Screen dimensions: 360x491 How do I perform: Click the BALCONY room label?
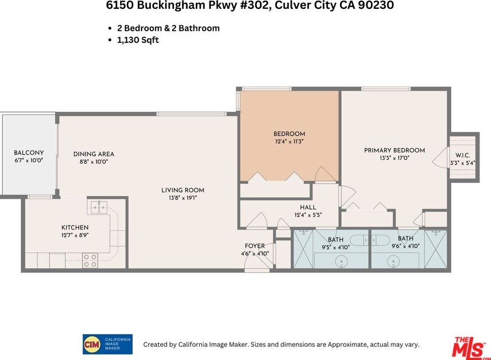click(29, 153)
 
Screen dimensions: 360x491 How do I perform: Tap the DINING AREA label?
click(94, 154)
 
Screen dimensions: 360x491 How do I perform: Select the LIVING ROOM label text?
click(183, 190)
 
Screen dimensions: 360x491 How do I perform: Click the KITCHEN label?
click(75, 227)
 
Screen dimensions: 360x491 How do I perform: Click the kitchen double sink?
click(99, 206)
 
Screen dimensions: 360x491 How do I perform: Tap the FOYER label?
click(255, 246)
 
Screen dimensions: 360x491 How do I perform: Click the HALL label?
click(308, 207)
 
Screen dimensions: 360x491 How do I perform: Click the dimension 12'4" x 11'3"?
click(289, 142)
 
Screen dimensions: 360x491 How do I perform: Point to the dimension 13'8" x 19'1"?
click(183, 198)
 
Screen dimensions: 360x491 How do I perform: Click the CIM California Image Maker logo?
click(107, 344)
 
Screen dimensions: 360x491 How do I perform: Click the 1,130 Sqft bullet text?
click(138, 40)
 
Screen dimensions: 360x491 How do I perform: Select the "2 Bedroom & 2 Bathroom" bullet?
click(168, 28)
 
